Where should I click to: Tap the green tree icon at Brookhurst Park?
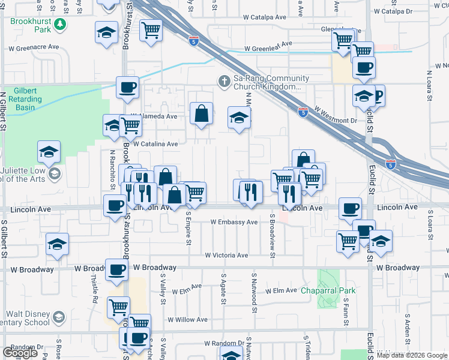[59, 24]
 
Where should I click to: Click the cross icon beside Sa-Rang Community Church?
[224, 81]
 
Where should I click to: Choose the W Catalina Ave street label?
[155, 144]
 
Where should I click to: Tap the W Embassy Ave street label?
[234, 222]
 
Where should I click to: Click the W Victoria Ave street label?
[226, 255]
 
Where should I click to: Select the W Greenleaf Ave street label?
[268, 43]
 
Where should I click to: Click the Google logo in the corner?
[20, 353]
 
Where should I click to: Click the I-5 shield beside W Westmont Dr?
[303, 112]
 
